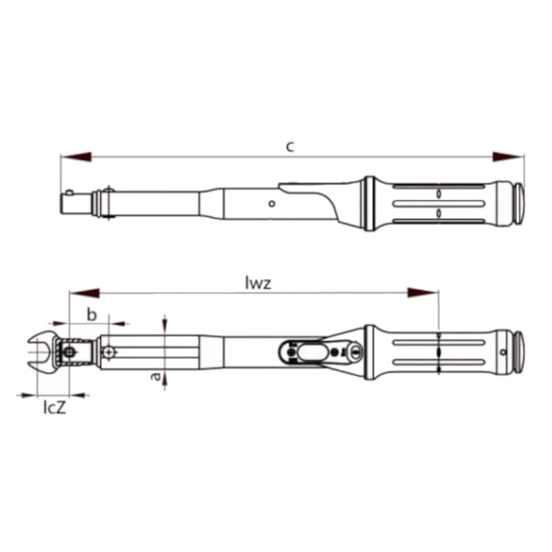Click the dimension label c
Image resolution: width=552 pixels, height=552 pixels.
tap(290, 146)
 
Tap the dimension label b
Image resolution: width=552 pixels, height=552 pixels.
tap(93, 314)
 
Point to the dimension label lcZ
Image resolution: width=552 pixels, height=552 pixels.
tap(54, 408)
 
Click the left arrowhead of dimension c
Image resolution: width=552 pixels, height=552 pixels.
tap(76, 157)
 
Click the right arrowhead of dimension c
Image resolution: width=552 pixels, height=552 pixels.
tap(510, 157)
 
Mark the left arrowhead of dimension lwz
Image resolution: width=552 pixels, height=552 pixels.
tap(85, 294)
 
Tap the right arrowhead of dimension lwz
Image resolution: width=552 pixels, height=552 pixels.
tap(424, 294)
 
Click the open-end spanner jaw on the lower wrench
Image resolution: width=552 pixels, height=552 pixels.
tap(38, 349)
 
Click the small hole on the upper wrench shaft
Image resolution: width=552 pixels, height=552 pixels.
tap(271, 204)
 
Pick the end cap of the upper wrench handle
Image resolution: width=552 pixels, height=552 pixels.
tap(516, 203)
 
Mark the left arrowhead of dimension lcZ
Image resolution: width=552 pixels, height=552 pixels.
tap(26, 395)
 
